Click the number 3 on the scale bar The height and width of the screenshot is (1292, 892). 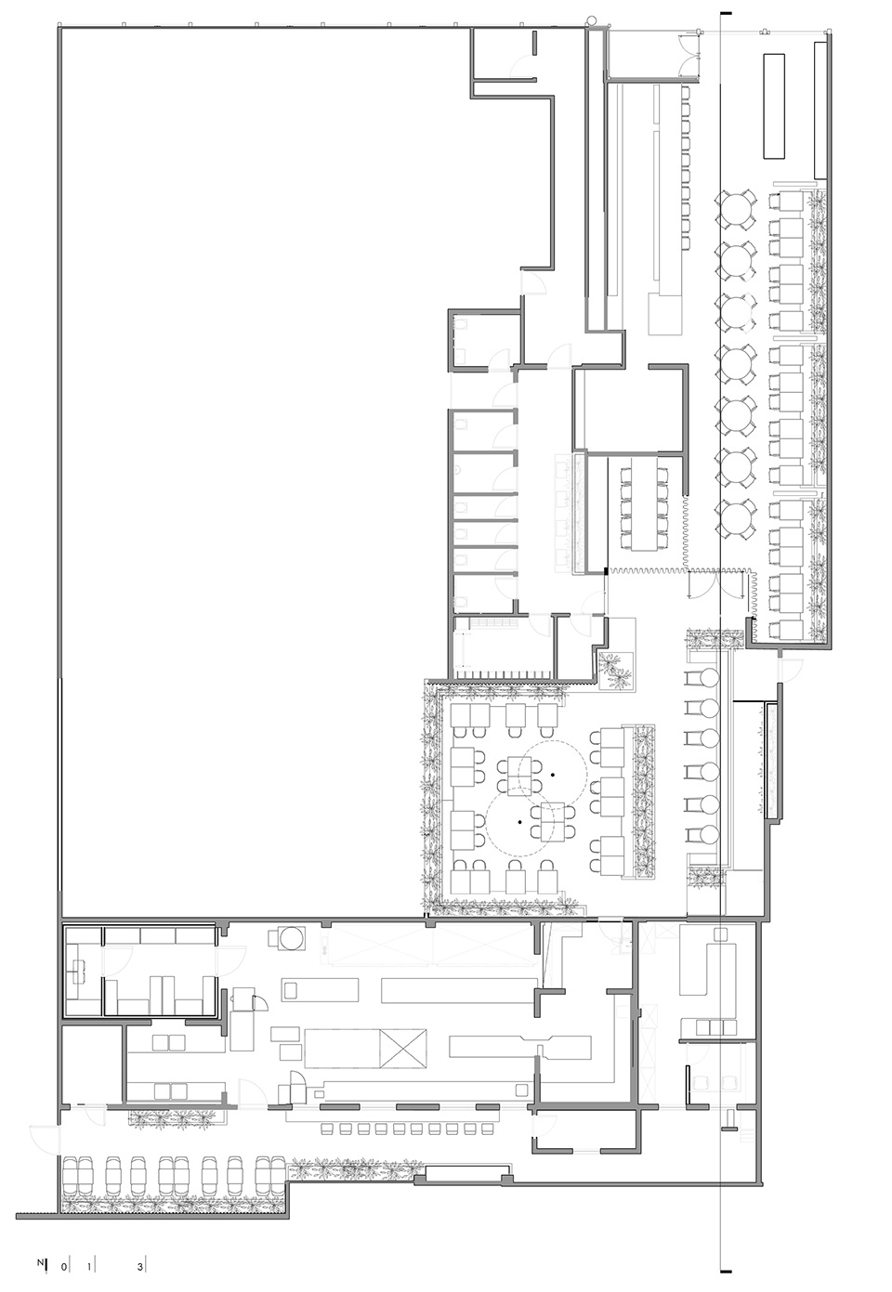140,1262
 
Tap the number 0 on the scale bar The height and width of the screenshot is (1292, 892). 64,1262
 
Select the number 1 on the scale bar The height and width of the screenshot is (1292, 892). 89,1262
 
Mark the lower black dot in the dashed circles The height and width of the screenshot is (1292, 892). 519,821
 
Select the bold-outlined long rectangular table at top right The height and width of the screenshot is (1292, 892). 774,106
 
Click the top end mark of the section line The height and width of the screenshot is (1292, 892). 726,12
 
